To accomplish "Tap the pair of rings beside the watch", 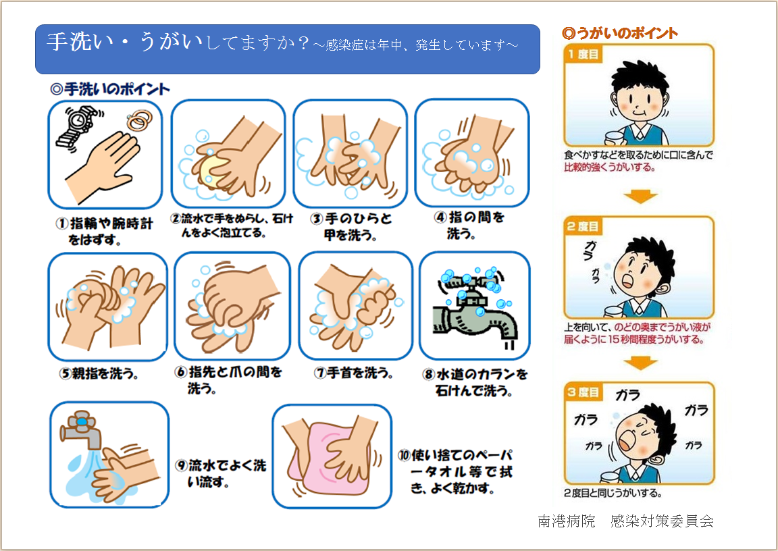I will pos(139,122).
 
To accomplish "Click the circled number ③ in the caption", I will pos(317,220).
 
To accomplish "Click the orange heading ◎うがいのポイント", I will pos(620,33).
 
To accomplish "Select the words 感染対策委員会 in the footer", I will pos(661,521).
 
